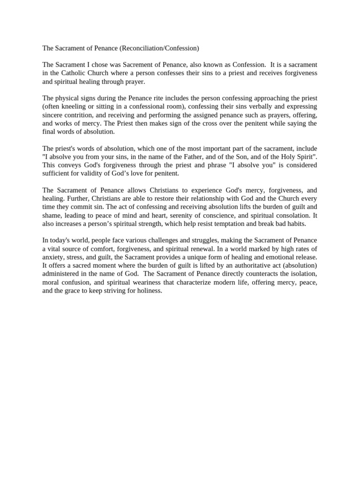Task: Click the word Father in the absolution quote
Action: pos(205,157)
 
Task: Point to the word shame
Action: pos(51,216)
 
